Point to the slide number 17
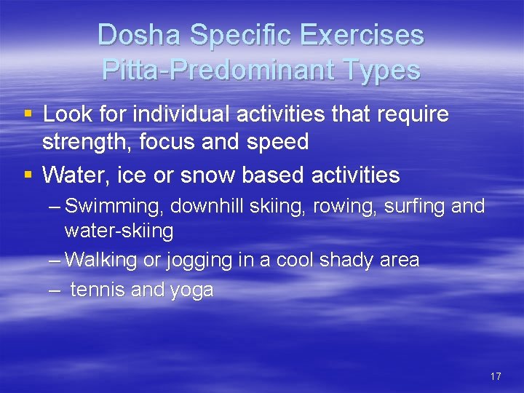pyautogui.click(x=496, y=376)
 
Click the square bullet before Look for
pyautogui.click(x=28, y=114)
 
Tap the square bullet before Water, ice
pyautogui.click(x=28, y=175)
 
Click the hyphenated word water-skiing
pyautogui.click(x=119, y=231)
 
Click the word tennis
pyautogui.click(x=98, y=290)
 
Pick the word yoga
pyautogui.click(x=191, y=290)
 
